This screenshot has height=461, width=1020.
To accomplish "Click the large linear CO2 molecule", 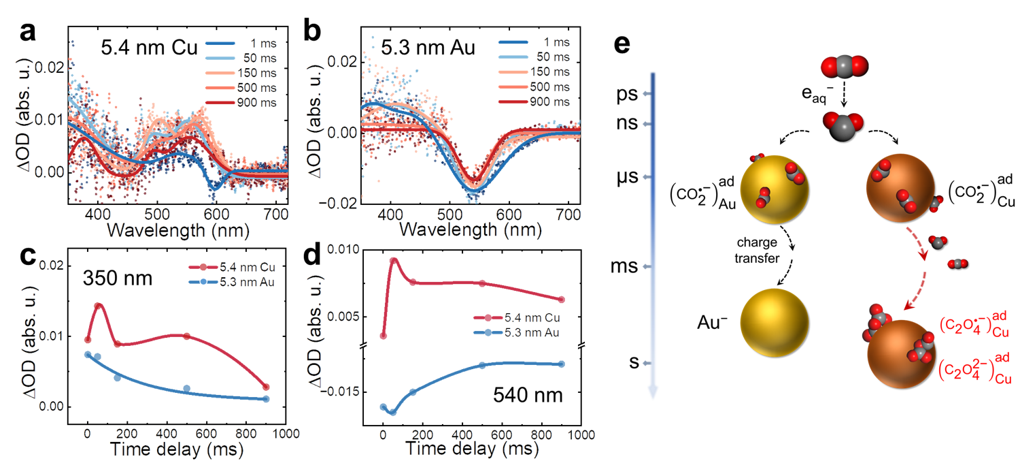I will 844,67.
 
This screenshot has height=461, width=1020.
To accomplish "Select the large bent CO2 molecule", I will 843,125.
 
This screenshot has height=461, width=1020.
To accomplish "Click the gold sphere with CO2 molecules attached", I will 774,187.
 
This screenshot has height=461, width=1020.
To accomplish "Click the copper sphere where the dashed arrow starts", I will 900,187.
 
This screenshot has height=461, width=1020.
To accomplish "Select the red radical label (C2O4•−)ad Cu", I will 974,326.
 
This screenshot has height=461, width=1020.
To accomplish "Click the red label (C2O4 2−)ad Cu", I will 974,368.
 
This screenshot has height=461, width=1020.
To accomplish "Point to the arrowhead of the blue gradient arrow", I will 653,394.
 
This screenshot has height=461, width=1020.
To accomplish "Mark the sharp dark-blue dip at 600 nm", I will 216,185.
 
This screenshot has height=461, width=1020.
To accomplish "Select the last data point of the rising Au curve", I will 561,364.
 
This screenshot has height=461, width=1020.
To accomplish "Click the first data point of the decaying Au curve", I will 88,354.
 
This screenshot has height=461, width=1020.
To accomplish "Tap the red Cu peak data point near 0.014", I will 97,306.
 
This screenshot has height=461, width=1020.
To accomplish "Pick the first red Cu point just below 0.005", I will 383,336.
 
